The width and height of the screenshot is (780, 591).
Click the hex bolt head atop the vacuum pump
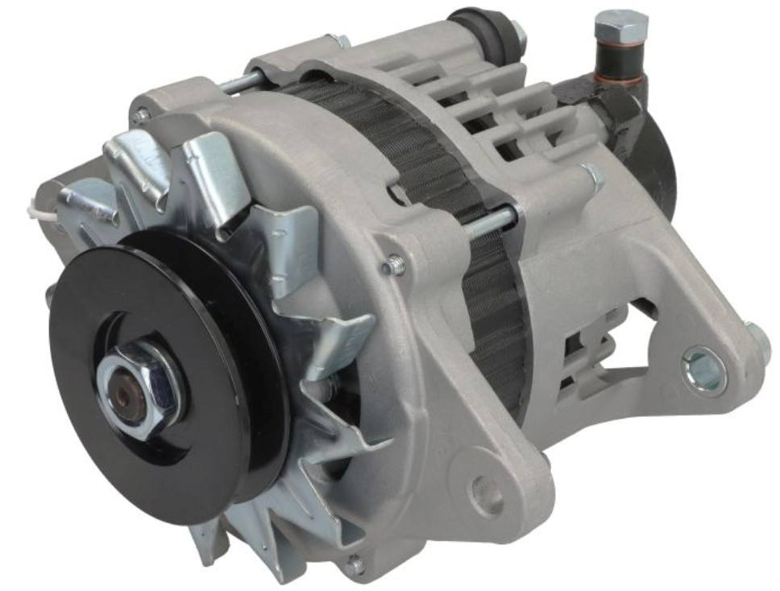pos(620,27)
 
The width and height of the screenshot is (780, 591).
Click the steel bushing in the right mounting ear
pos(703,368)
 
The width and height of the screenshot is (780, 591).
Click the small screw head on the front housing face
pos(393,265)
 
